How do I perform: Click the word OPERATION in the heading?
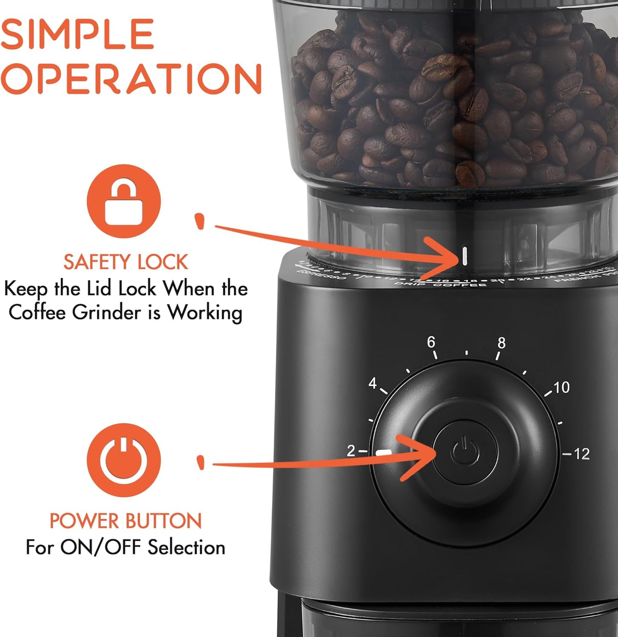[130, 79]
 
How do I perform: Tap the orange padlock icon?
[124, 201]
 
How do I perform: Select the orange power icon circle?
[124, 460]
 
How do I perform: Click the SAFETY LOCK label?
[125, 262]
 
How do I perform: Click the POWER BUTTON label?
[125, 521]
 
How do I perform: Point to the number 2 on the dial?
[351, 450]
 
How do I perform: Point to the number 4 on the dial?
[373, 383]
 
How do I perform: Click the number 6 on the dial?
[431, 342]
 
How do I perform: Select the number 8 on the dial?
[501, 343]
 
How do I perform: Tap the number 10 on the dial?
[562, 388]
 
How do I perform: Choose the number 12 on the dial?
[582, 454]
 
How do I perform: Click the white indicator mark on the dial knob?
[384, 453]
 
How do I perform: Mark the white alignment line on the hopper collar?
[464, 256]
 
